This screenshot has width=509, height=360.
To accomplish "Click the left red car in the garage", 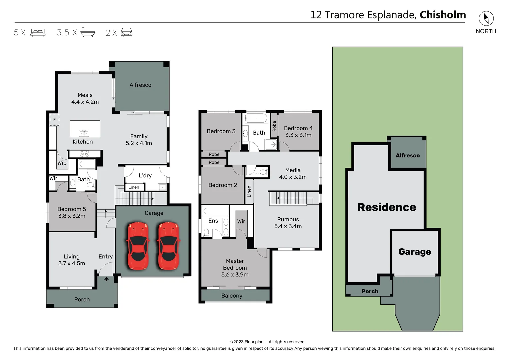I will coord(138,246).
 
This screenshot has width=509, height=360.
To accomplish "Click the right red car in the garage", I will coord(168,246).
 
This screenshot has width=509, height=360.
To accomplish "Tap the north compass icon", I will coord(486,18).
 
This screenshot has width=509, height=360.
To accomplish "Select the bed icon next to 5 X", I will coord(38,33).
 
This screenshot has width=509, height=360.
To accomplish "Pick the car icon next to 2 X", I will coord(126,33).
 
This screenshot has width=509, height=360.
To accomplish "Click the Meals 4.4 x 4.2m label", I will coord(85,99).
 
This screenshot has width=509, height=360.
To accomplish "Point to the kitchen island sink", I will coord(84,133).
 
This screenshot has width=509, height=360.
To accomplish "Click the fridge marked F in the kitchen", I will coord(54,120).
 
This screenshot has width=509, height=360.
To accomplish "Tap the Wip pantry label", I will coord(62,163).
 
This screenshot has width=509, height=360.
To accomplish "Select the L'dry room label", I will coord(145,176).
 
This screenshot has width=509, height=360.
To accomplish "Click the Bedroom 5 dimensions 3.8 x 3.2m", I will coord(72,216).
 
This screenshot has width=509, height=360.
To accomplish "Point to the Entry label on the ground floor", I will coord(105,257).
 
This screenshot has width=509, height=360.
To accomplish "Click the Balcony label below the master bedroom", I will coord(232,296).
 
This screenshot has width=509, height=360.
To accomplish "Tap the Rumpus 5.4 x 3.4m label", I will coord(288,223).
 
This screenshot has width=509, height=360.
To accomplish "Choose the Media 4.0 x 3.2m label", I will coord(293,174).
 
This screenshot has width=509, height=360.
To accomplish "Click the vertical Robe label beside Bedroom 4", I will coord(274,126).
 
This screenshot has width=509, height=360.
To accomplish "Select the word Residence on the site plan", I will coord(386,207).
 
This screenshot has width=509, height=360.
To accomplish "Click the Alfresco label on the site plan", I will coord(407,156).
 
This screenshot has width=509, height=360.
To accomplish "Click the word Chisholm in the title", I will coord(442,15).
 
